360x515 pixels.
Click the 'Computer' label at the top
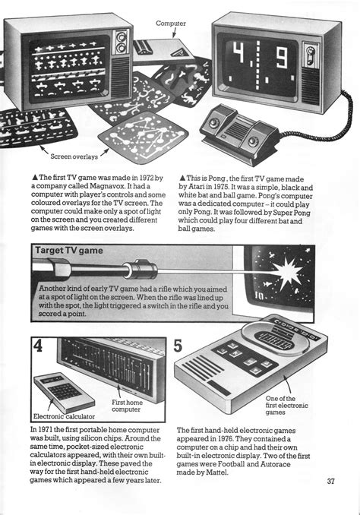click(171, 24)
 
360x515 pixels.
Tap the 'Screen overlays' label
click(75, 157)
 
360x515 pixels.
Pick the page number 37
click(331, 481)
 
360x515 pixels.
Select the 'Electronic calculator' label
click(62, 415)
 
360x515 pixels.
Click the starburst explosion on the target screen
click(308, 267)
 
